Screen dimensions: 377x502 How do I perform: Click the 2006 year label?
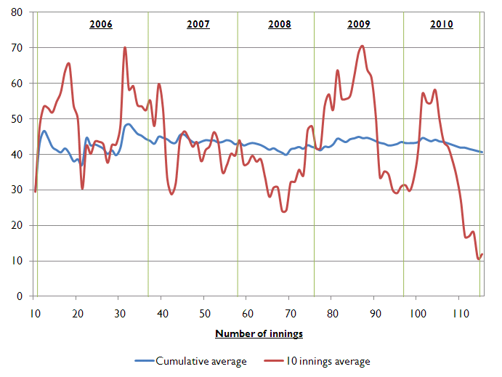click(x=101, y=25)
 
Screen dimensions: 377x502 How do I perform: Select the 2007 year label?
click(x=198, y=25)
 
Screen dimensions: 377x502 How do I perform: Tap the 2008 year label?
click(x=280, y=25)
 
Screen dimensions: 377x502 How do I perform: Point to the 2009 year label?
click(x=359, y=25)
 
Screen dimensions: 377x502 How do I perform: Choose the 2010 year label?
click(x=442, y=25)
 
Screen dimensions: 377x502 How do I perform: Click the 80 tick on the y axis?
click(x=17, y=12)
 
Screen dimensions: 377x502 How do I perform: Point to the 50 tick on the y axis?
click(x=17, y=119)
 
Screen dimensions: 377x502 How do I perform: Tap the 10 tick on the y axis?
click(x=17, y=261)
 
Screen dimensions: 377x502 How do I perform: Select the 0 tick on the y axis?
click(x=20, y=296)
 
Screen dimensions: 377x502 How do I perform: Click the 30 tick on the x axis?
click(x=119, y=314)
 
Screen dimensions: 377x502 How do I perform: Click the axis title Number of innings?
click(x=259, y=334)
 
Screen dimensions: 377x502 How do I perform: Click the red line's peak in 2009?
click(x=362, y=46)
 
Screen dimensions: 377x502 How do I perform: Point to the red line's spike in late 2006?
click(x=125, y=48)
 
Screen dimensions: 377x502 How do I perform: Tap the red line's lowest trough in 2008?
click(x=284, y=211)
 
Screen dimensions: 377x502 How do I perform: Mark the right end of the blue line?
click(x=482, y=152)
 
